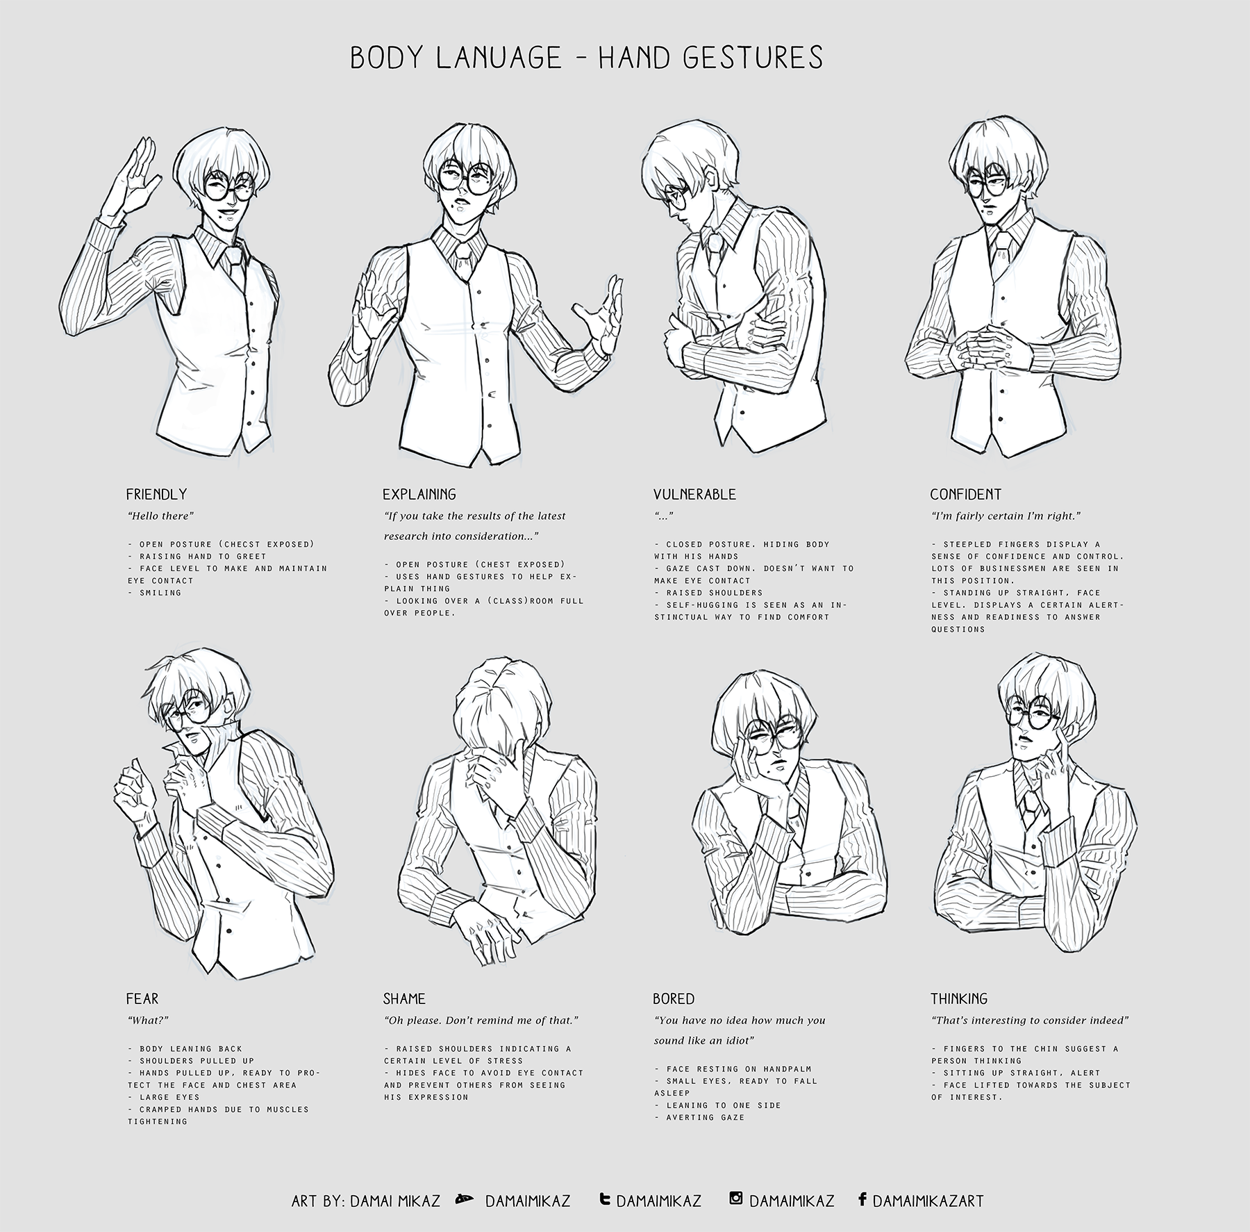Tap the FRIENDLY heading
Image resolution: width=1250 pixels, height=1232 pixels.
156,494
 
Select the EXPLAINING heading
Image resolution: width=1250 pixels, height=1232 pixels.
419,494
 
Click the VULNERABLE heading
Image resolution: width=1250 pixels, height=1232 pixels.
694,494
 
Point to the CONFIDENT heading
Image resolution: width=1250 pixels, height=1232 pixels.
965,494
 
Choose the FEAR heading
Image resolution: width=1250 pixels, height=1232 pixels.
142,999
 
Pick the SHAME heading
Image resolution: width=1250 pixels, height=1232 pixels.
403,999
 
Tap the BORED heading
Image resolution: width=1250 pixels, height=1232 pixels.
673,999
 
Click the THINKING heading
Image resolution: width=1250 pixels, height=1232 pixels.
958,999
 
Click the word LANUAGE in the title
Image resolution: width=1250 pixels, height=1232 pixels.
499,58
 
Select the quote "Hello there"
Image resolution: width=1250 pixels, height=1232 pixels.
160,516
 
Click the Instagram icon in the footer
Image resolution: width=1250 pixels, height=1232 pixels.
736,1198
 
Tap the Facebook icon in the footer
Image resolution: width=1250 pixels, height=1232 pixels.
862,1198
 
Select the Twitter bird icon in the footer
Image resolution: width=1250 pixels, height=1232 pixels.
605,1199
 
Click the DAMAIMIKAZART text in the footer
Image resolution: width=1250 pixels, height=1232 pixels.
928,1201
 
